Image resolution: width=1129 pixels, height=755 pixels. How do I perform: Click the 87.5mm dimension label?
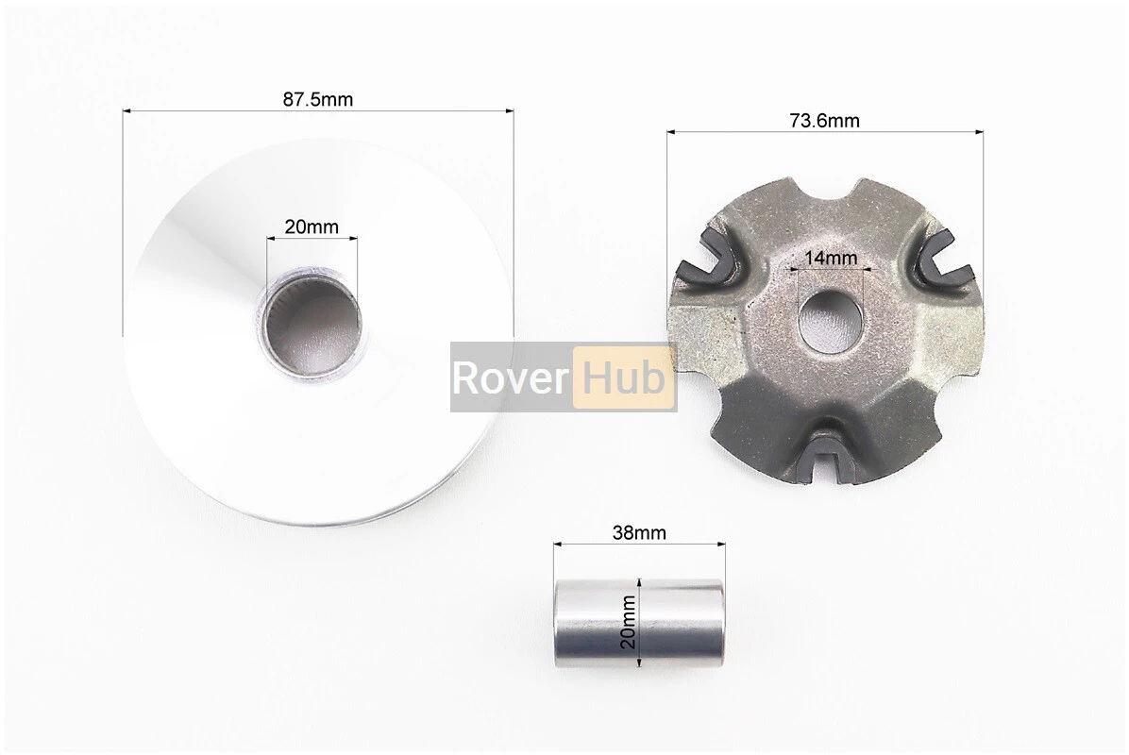tap(317, 99)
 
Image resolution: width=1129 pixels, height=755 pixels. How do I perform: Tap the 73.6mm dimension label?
tap(824, 120)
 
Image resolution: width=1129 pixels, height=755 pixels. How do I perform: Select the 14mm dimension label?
tap(831, 257)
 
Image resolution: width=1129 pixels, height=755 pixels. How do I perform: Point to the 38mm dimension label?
tap(639, 532)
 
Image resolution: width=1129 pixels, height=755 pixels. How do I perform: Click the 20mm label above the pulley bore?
tap(312, 226)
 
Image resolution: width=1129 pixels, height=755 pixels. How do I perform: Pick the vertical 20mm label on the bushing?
tap(629, 622)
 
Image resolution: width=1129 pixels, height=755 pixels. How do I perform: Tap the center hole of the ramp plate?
tap(828, 320)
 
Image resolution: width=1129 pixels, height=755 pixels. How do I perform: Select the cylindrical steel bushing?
tap(639, 623)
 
